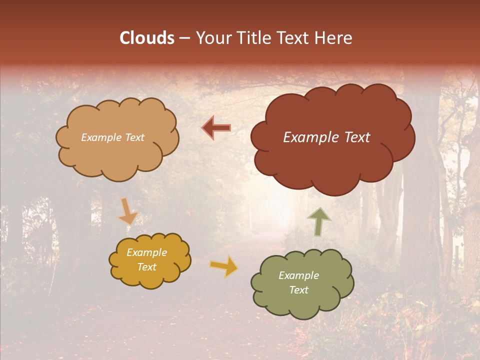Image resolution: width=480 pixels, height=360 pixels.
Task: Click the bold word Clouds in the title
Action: (x=147, y=38)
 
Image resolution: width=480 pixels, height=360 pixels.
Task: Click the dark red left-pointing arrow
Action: (x=216, y=128)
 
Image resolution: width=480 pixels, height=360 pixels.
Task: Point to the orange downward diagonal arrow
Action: (x=127, y=212)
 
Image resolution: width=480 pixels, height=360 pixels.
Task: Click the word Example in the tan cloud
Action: (x=101, y=137)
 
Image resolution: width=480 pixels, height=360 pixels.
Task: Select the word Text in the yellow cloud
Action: (x=147, y=267)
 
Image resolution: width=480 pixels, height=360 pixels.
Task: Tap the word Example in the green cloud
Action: (x=298, y=275)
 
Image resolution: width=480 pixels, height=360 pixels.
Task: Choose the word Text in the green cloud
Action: (x=298, y=290)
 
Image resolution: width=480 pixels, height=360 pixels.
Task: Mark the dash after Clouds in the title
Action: (x=183, y=38)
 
